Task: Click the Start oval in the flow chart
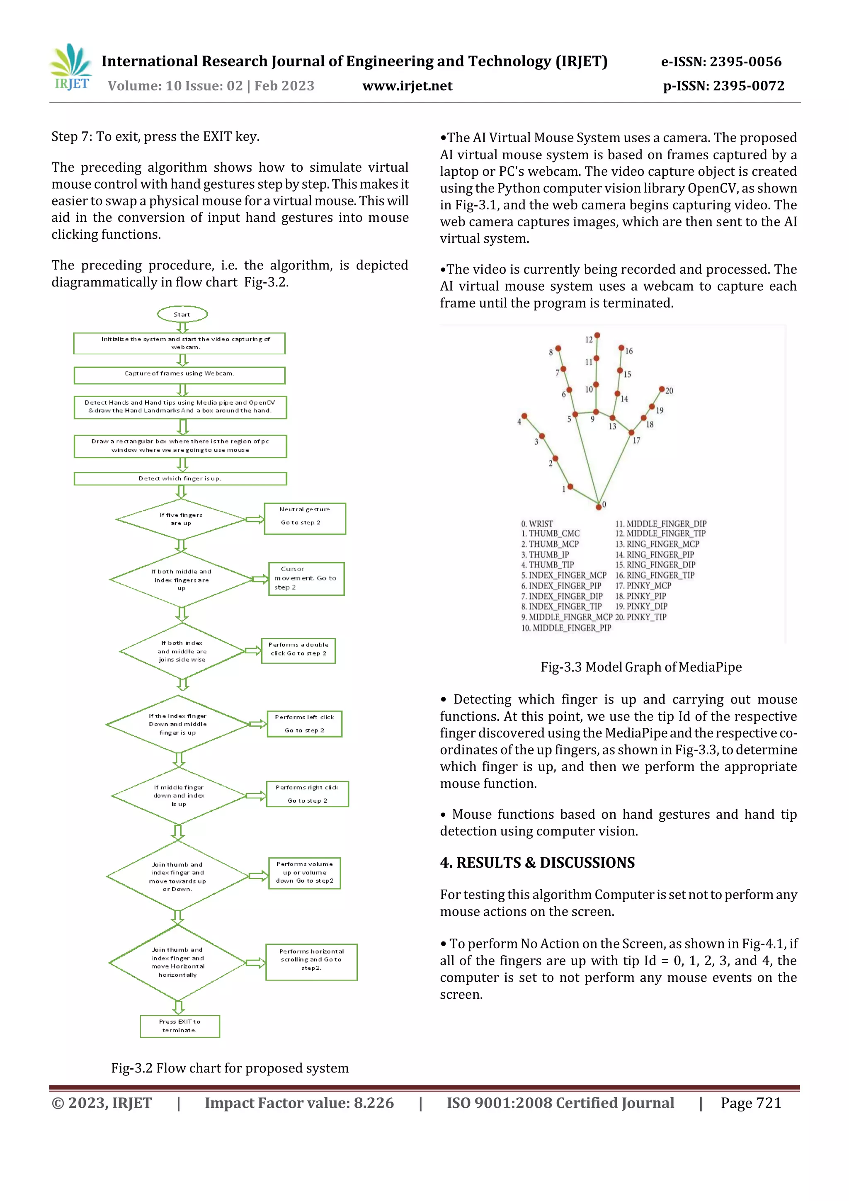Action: [x=182, y=314]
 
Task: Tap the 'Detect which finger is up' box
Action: [x=180, y=478]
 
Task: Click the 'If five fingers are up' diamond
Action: [x=181, y=519]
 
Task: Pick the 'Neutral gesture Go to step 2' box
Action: [x=305, y=518]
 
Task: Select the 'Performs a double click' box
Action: [x=298, y=650]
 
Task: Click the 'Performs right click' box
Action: [x=307, y=793]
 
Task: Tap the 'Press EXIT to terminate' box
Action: [x=180, y=1026]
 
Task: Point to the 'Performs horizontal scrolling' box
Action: [x=311, y=961]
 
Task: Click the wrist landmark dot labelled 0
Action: [x=599, y=506]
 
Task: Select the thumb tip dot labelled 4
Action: [x=524, y=416]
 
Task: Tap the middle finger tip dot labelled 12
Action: [x=597, y=335]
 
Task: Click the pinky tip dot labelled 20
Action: [x=661, y=389]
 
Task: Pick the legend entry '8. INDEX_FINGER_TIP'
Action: [x=561, y=606]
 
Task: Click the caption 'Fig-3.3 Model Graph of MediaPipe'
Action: [x=641, y=667]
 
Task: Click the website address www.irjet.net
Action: [x=407, y=86]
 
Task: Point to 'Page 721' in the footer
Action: [x=751, y=1103]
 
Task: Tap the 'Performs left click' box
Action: [x=304, y=723]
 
